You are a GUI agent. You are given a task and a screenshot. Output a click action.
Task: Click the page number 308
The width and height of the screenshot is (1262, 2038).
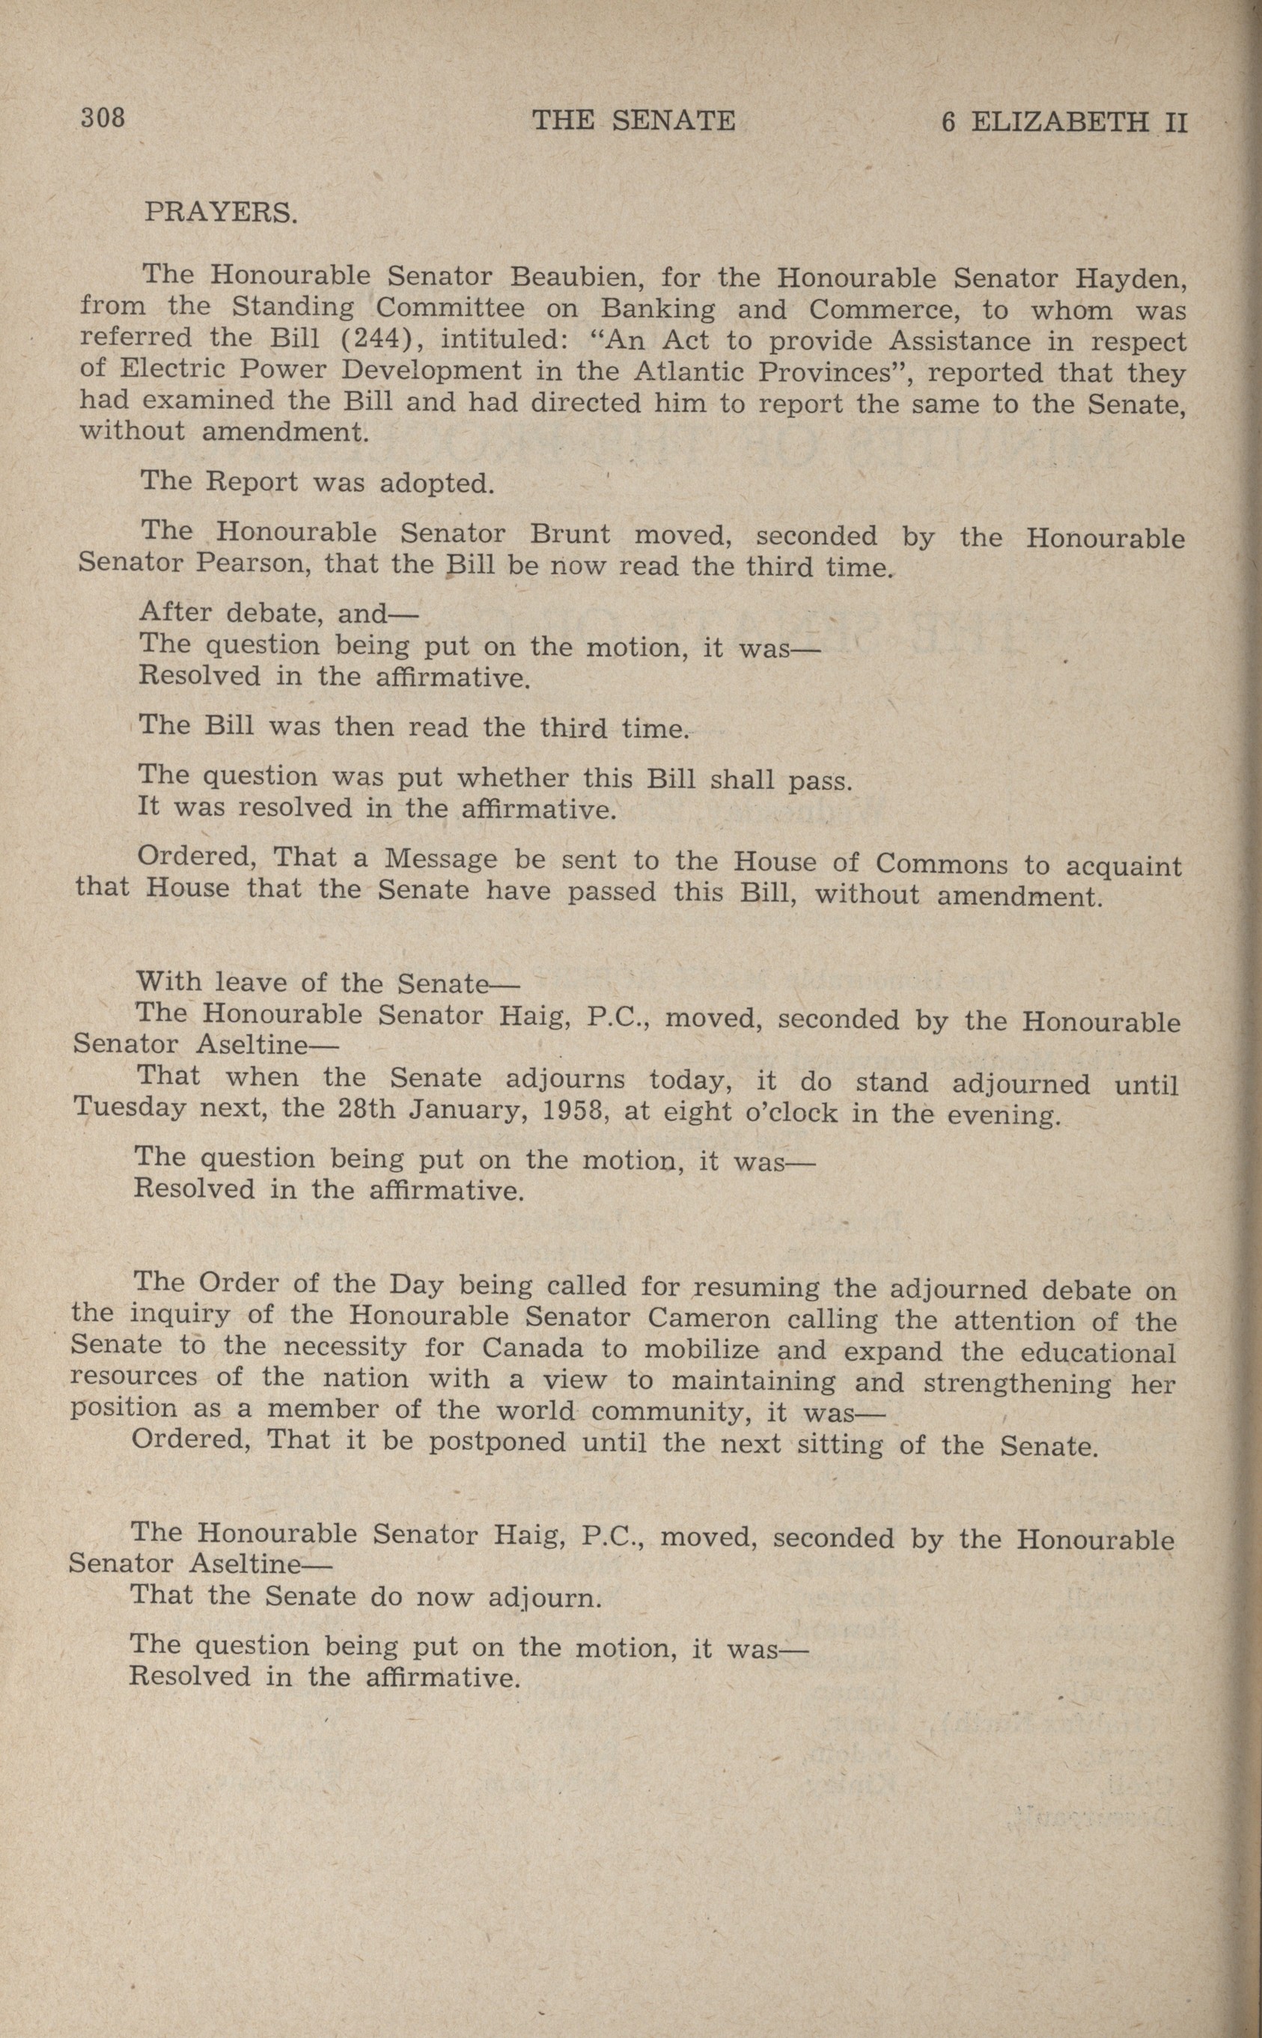click(103, 118)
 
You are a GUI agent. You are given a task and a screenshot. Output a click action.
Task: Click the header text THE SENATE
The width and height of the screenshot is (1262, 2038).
click(633, 122)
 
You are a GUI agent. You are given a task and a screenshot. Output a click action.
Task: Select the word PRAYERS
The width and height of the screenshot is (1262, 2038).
click(220, 212)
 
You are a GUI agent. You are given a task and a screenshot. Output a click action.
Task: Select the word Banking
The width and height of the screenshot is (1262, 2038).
click(658, 309)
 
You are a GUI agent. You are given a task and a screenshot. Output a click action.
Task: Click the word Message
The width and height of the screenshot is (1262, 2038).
click(441, 858)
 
